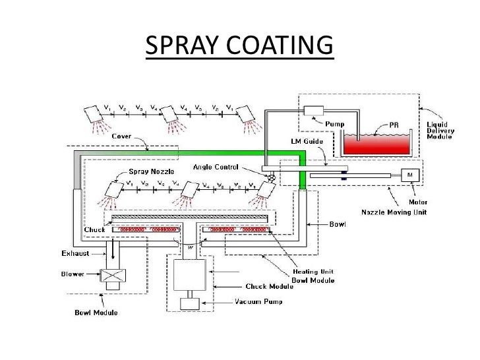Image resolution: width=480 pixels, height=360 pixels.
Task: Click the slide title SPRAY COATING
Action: click(x=239, y=45)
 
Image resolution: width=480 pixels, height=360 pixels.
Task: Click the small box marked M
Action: click(x=410, y=174)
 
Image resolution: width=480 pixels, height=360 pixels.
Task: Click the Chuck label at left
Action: click(x=90, y=229)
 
